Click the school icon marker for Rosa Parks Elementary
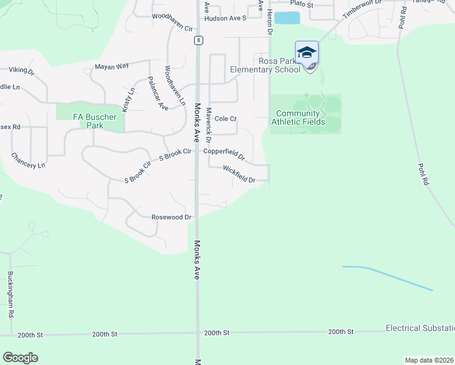click(x=307, y=54)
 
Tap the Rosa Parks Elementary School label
click(x=265, y=65)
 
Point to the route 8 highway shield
click(x=199, y=40)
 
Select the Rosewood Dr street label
click(x=172, y=217)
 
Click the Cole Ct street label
click(x=225, y=119)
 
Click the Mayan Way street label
click(x=112, y=66)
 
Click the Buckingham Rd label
click(x=11, y=294)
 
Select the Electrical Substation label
click(x=420, y=328)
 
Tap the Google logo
click(x=20, y=358)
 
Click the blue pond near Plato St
click(x=287, y=18)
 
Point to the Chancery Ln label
click(x=28, y=161)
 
